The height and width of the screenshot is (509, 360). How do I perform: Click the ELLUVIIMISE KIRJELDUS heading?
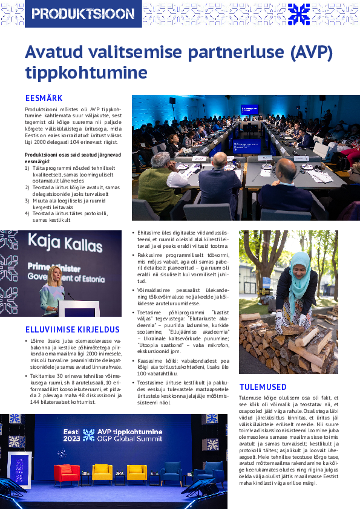point(73,330)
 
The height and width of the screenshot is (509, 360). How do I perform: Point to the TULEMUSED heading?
point(263,387)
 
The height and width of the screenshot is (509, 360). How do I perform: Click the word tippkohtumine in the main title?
point(86,73)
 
